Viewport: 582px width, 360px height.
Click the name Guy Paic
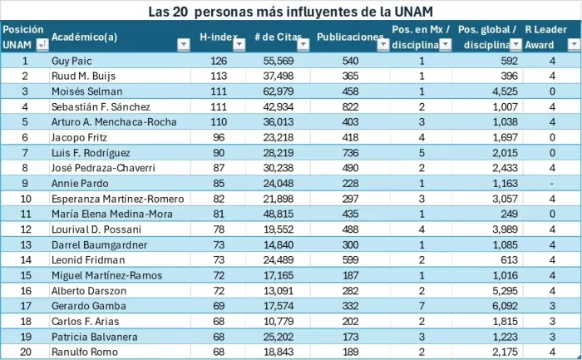tap(72, 61)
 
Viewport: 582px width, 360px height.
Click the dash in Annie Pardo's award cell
tap(551, 183)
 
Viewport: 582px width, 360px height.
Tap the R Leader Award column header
tap(546, 37)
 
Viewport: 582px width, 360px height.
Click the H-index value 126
tap(219, 61)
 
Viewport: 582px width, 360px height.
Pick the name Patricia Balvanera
tap(91, 337)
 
